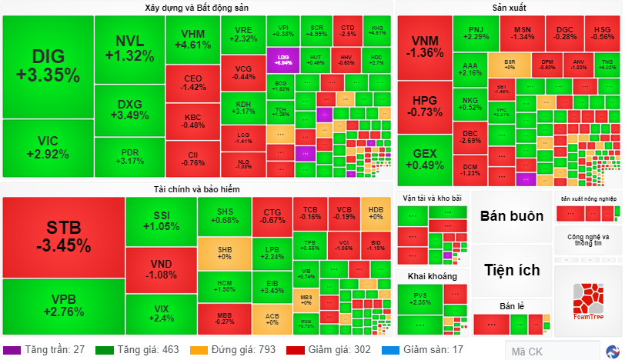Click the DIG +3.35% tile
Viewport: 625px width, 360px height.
pyautogui.click(x=48, y=66)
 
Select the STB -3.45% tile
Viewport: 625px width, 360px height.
pyautogui.click(x=63, y=236)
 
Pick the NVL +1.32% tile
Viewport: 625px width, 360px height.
pyautogui.click(x=129, y=48)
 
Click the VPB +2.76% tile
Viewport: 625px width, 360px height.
pyautogui.click(x=63, y=306)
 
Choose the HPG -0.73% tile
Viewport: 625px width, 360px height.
pyautogui.click(x=424, y=106)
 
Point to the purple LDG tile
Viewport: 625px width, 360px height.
pyautogui.click(x=282, y=59)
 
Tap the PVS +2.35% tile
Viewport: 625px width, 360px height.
pyautogui.click(x=420, y=299)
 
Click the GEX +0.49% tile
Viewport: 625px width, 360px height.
pyautogui.click(x=424, y=159)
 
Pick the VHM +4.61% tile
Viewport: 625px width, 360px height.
pyautogui.click(x=192, y=39)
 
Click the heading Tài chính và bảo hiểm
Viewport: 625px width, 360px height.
pyautogui.click(x=197, y=189)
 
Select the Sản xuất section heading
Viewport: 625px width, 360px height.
pyautogui.click(x=509, y=8)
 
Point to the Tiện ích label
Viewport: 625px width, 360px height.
pyautogui.click(x=512, y=270)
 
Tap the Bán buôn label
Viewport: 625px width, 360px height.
pyautogui.click(x=512, y=215)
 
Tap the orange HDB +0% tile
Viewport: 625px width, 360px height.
pyautogui.click(x=376, y=213)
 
